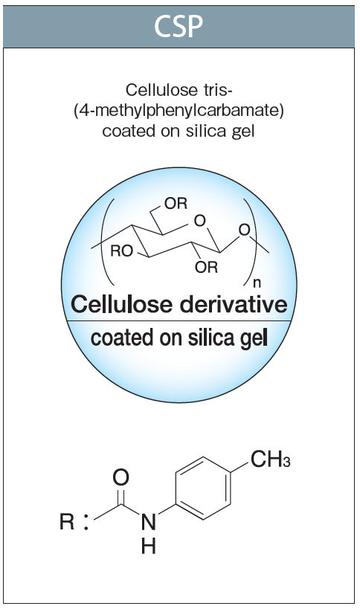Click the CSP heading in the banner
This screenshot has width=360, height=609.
click(x=179, y=27)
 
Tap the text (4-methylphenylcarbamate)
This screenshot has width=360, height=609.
click(x=179, y=111)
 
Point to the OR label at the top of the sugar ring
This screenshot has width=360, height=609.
click(x=176, y=203)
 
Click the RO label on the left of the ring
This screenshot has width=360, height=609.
click(x=121, y=251)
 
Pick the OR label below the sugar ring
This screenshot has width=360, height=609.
click(x=207, y=267)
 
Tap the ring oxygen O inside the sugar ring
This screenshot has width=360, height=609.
click(x=199, y=221)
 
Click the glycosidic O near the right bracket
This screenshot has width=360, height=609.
click(x=244, y=230)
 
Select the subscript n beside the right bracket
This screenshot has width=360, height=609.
click(x=257, y=283)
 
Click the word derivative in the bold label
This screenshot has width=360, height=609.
click(x=234, y=304)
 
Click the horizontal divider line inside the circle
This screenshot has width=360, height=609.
click(x=179, y=320)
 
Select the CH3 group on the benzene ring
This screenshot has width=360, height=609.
click(x=270, y=460)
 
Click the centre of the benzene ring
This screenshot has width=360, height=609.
click(x=203, y=489)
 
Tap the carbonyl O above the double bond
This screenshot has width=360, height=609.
click(x=120, y=477)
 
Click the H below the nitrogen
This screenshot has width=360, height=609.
click(x=148, y=546)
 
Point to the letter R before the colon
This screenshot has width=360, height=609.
click(x=67, y=521)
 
